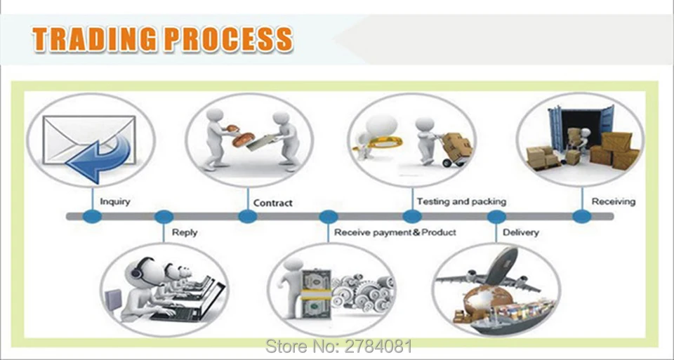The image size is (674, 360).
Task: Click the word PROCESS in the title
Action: [x=229, y=39]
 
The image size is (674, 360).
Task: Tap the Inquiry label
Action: [x=114, y=202]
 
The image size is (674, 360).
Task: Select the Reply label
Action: [x=185, y=232]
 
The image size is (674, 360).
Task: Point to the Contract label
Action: [x=272, y=203]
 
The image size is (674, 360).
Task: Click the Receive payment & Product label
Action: [x=395, y=232]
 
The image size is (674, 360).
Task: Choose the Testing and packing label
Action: [x=461, y=201]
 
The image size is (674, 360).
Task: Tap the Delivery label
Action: [x=520, y=232]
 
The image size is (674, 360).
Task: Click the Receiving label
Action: [x=614, y=201]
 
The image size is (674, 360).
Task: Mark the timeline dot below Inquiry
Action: [x=92, y=216]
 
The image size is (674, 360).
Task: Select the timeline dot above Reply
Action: [x=164, y=217]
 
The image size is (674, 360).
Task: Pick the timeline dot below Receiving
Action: [x=581, y=216]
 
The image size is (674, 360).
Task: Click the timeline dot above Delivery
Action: [x=496, y=217]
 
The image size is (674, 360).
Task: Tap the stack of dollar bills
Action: [x=316, y=293]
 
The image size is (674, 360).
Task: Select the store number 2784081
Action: [x=338, y=346]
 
